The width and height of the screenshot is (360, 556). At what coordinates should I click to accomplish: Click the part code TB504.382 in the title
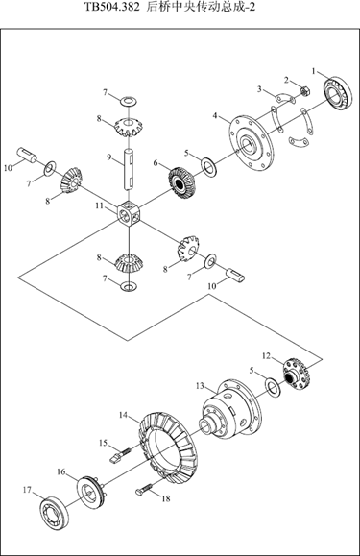point(112,8)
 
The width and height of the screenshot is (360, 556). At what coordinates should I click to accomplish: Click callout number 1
point(314,71)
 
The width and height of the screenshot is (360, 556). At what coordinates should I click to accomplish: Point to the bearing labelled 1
point(338,94)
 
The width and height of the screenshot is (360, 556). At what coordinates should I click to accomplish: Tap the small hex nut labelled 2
point(305,91)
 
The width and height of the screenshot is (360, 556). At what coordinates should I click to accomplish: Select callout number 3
point(260,89)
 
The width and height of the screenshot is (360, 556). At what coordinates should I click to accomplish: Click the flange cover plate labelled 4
point(252,143)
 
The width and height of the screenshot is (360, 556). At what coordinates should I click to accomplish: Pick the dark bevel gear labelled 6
point(181,182)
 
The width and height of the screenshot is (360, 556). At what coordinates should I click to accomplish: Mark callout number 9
point(109,157)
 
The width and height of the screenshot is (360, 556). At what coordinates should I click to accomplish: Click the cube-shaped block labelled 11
point(129,213)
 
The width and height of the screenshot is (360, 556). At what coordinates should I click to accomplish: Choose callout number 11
point(99,205)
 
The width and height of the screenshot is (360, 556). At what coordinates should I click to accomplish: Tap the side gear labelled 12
point(297,375)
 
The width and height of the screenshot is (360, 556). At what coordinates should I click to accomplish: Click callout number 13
point(200,385)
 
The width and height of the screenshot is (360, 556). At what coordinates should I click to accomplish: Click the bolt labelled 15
point(120,455)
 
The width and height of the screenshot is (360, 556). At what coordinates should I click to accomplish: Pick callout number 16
point(60,471)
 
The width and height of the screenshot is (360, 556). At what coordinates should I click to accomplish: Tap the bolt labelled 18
point(144,489)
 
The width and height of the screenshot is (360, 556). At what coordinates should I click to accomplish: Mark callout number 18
point(166,498)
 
